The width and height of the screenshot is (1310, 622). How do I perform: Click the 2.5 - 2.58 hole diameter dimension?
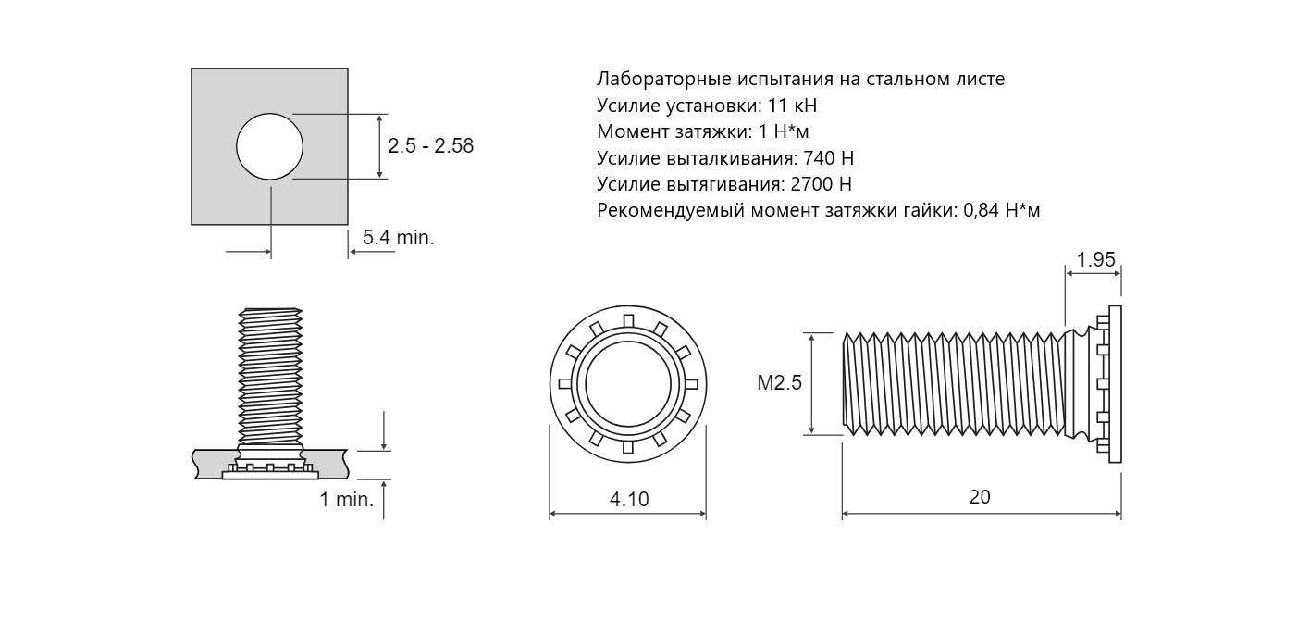click(430, 145)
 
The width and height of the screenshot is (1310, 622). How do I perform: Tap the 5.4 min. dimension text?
click(398, 237)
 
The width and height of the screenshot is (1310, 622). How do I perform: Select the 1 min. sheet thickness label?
click(346, 499)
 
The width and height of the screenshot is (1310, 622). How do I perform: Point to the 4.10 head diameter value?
click(629, 499)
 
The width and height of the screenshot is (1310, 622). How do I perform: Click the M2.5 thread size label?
click(780, 382)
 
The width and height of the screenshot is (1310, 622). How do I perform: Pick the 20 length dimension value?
click(980, 497)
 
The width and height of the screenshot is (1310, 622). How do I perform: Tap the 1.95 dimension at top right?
click(1096, 259)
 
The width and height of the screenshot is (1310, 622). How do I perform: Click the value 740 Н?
click(829, 158)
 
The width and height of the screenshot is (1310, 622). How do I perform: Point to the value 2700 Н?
click(822, 184)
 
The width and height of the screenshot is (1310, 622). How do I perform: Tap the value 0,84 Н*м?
click(1002, 210)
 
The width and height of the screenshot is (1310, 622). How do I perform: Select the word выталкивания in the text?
click(732, 158)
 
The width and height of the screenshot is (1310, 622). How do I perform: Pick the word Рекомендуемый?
click(670, 211)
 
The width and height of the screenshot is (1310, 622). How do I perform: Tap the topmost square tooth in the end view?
click(629, 320)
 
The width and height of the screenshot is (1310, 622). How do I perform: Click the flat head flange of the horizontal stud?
click(1115, 384)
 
